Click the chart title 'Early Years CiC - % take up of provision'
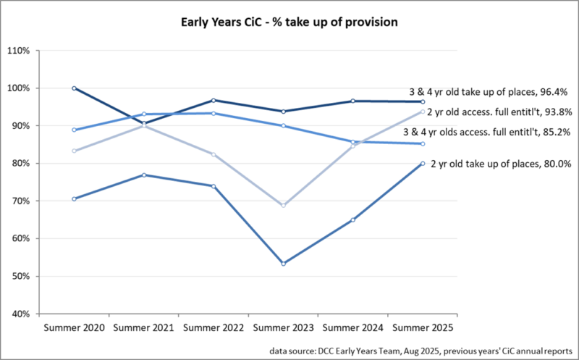click(289, 22)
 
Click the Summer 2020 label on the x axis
click(75, 327)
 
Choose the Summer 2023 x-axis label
click(283, 327)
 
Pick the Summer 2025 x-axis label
click(422, 327)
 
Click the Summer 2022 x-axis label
click(214, 327)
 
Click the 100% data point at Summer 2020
click(75, 88)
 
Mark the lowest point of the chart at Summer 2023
click(283, 264)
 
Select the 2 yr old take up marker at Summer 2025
click(423, 164)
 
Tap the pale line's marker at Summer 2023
click(283, 206)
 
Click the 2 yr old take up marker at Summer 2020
click(75, 198)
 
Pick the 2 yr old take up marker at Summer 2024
click(353, 219)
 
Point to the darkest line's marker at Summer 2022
click(214, 100)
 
